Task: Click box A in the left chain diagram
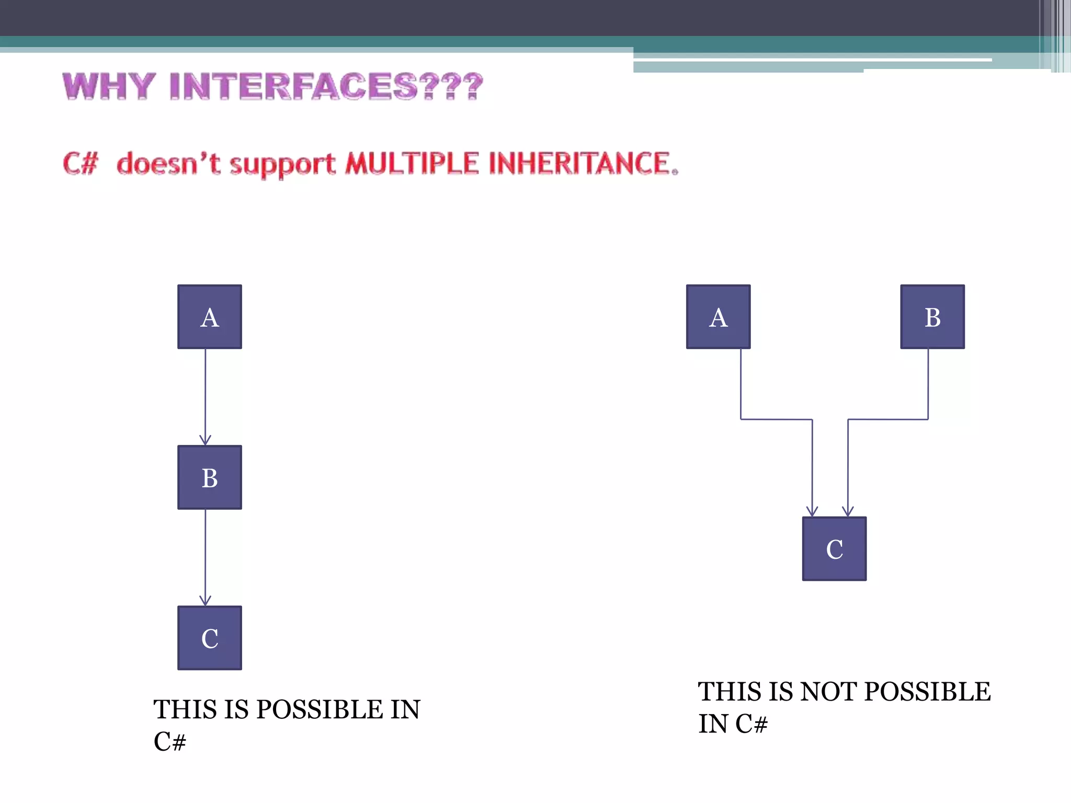point(210,317)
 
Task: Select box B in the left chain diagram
point(210,477)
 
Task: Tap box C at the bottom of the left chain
point(210,638)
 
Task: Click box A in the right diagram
point(718,317)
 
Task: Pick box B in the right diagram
point(932,317)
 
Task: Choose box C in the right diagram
point(834,549)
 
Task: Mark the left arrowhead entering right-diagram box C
point(812,512)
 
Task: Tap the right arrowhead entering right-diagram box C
point(848,512)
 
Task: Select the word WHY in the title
point(109,86)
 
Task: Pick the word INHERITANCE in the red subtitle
point(580,163)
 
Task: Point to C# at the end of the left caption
point(170,741)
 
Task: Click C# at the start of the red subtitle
point(81,163)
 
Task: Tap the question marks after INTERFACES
point(451,86)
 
